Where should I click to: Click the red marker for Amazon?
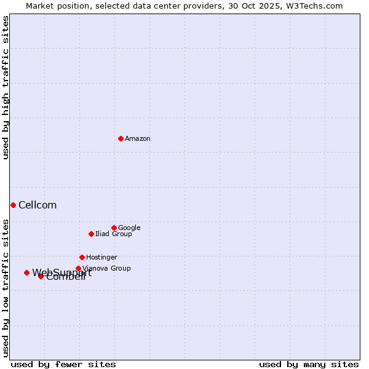(121, 138)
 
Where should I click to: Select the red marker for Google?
(114, 228)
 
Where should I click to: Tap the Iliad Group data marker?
(91, 234)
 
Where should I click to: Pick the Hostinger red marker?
(82, 257)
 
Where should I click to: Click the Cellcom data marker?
(13, 205)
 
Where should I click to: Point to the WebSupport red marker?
(26, 272)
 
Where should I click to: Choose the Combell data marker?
(41, 276)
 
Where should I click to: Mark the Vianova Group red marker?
(78, 268)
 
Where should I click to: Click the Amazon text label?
(138, 139)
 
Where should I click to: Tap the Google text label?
(129, 228)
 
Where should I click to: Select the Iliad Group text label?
(114, 234)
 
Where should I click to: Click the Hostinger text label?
(101, 258)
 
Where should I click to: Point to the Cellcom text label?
(38, 205)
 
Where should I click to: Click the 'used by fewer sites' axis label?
(63, 365)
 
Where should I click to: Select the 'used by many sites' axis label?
(309, 365)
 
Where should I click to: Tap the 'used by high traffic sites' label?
(6, 87)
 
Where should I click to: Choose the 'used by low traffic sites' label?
(6, 287)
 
